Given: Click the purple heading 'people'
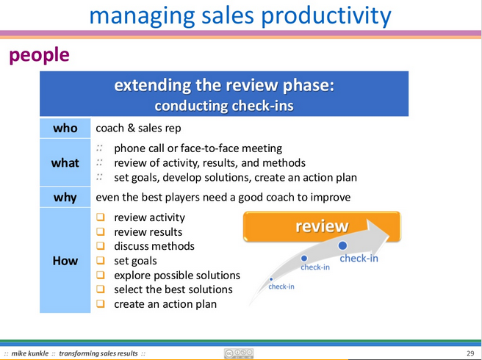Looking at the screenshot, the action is [40, 55].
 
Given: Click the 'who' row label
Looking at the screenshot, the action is [65, 128].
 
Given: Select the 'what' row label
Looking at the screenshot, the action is [65, 162].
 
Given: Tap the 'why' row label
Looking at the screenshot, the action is [65, 197].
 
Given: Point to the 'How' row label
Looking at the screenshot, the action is [65, 261].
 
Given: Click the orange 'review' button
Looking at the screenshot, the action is [322, 226].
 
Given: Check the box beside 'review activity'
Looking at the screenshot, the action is [101, 217].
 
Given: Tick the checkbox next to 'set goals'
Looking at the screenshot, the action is [101, 260].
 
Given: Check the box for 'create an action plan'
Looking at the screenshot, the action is [101, 303].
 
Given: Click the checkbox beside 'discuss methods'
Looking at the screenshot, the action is [101, 246].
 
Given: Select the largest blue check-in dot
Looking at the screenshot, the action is [342, 245].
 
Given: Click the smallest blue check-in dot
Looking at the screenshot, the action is [271, 279].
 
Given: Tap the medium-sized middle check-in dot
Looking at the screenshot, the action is [304, 258].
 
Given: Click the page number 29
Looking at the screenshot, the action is [470, 353].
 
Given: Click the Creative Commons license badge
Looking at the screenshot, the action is [239, 353].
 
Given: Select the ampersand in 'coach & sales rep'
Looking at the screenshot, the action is [132, 128].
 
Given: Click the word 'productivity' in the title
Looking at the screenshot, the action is [326, 15].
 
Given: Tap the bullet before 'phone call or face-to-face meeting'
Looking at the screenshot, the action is [99, 148].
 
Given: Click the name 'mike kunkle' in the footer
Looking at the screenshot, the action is [30, 353].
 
